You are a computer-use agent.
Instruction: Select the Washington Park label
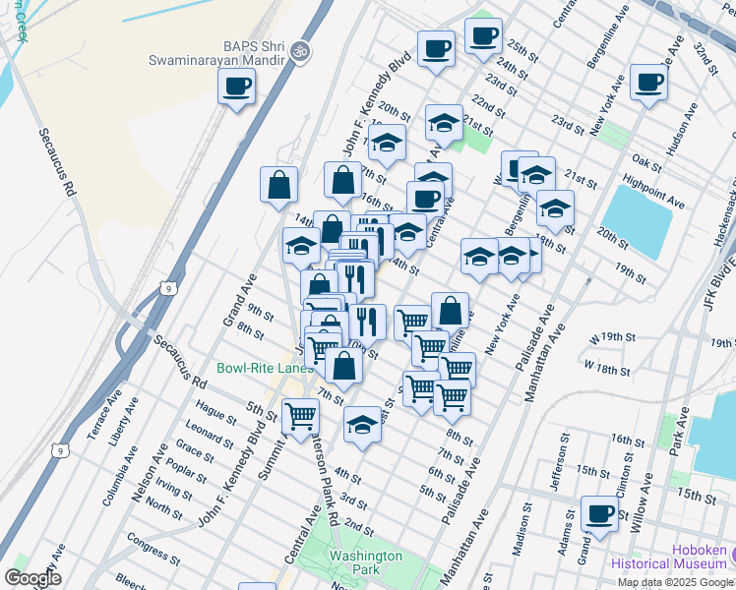[x=366, y=562]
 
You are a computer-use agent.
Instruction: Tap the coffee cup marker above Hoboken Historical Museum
[x=599, y=512]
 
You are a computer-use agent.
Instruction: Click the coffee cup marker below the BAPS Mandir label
[x=236, y=87]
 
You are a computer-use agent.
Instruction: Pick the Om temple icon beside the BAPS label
[x=301, y=46]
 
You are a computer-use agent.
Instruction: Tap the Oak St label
[x=646, y=160]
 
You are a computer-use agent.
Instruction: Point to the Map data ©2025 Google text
[x=674, y=582]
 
